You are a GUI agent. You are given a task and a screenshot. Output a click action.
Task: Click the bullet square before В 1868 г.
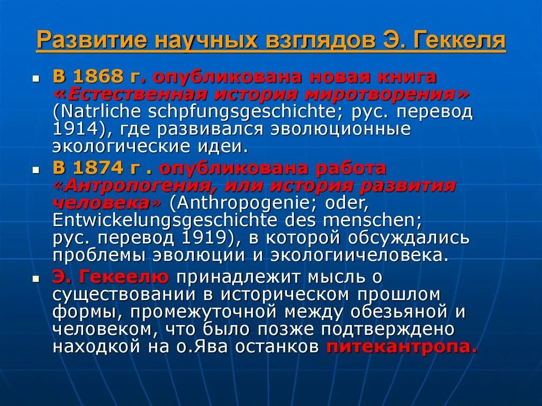[37, 78]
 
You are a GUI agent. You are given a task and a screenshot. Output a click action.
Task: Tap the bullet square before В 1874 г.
[37, 170]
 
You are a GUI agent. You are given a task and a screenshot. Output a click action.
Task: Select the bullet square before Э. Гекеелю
[37, 277]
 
